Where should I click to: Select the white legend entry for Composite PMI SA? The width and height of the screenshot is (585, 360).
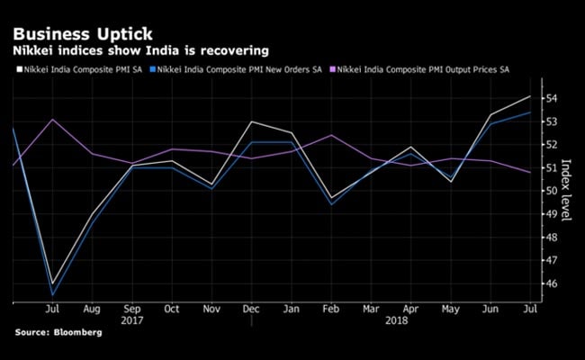77,70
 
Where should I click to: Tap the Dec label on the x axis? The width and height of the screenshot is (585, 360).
252,308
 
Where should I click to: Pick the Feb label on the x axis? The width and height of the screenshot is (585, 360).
331,308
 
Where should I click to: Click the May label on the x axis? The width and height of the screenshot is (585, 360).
450,308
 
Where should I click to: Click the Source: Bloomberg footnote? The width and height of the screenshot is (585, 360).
58,332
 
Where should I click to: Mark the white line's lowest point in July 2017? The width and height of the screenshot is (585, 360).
53,283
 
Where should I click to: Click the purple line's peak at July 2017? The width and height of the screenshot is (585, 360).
53,119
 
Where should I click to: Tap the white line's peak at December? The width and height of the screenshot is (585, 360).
252,121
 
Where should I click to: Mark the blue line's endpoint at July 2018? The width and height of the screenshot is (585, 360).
529,112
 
